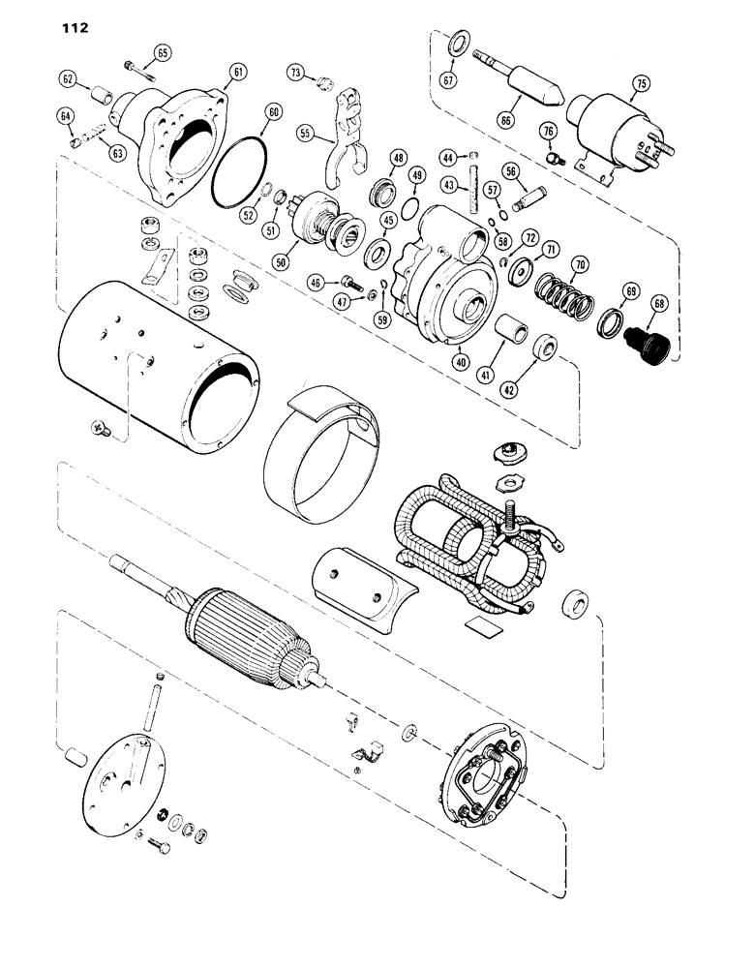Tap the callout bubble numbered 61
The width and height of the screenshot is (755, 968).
click(x=238, y=71)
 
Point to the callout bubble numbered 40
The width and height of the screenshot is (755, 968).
click(x=460, y=361)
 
